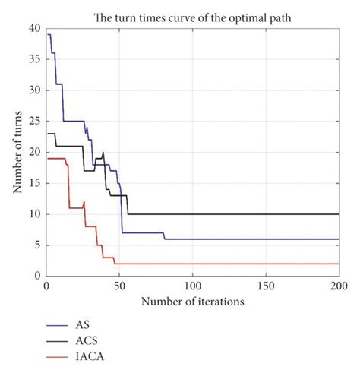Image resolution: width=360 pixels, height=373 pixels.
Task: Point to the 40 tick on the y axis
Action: click(x=35, y=28)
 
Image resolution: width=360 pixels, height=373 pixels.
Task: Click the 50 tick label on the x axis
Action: click(x=118, y=287)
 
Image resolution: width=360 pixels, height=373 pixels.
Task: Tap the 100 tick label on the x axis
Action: click(x=192, y=287)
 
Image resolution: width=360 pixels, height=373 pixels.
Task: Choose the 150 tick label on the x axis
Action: click(x=265, y=287)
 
